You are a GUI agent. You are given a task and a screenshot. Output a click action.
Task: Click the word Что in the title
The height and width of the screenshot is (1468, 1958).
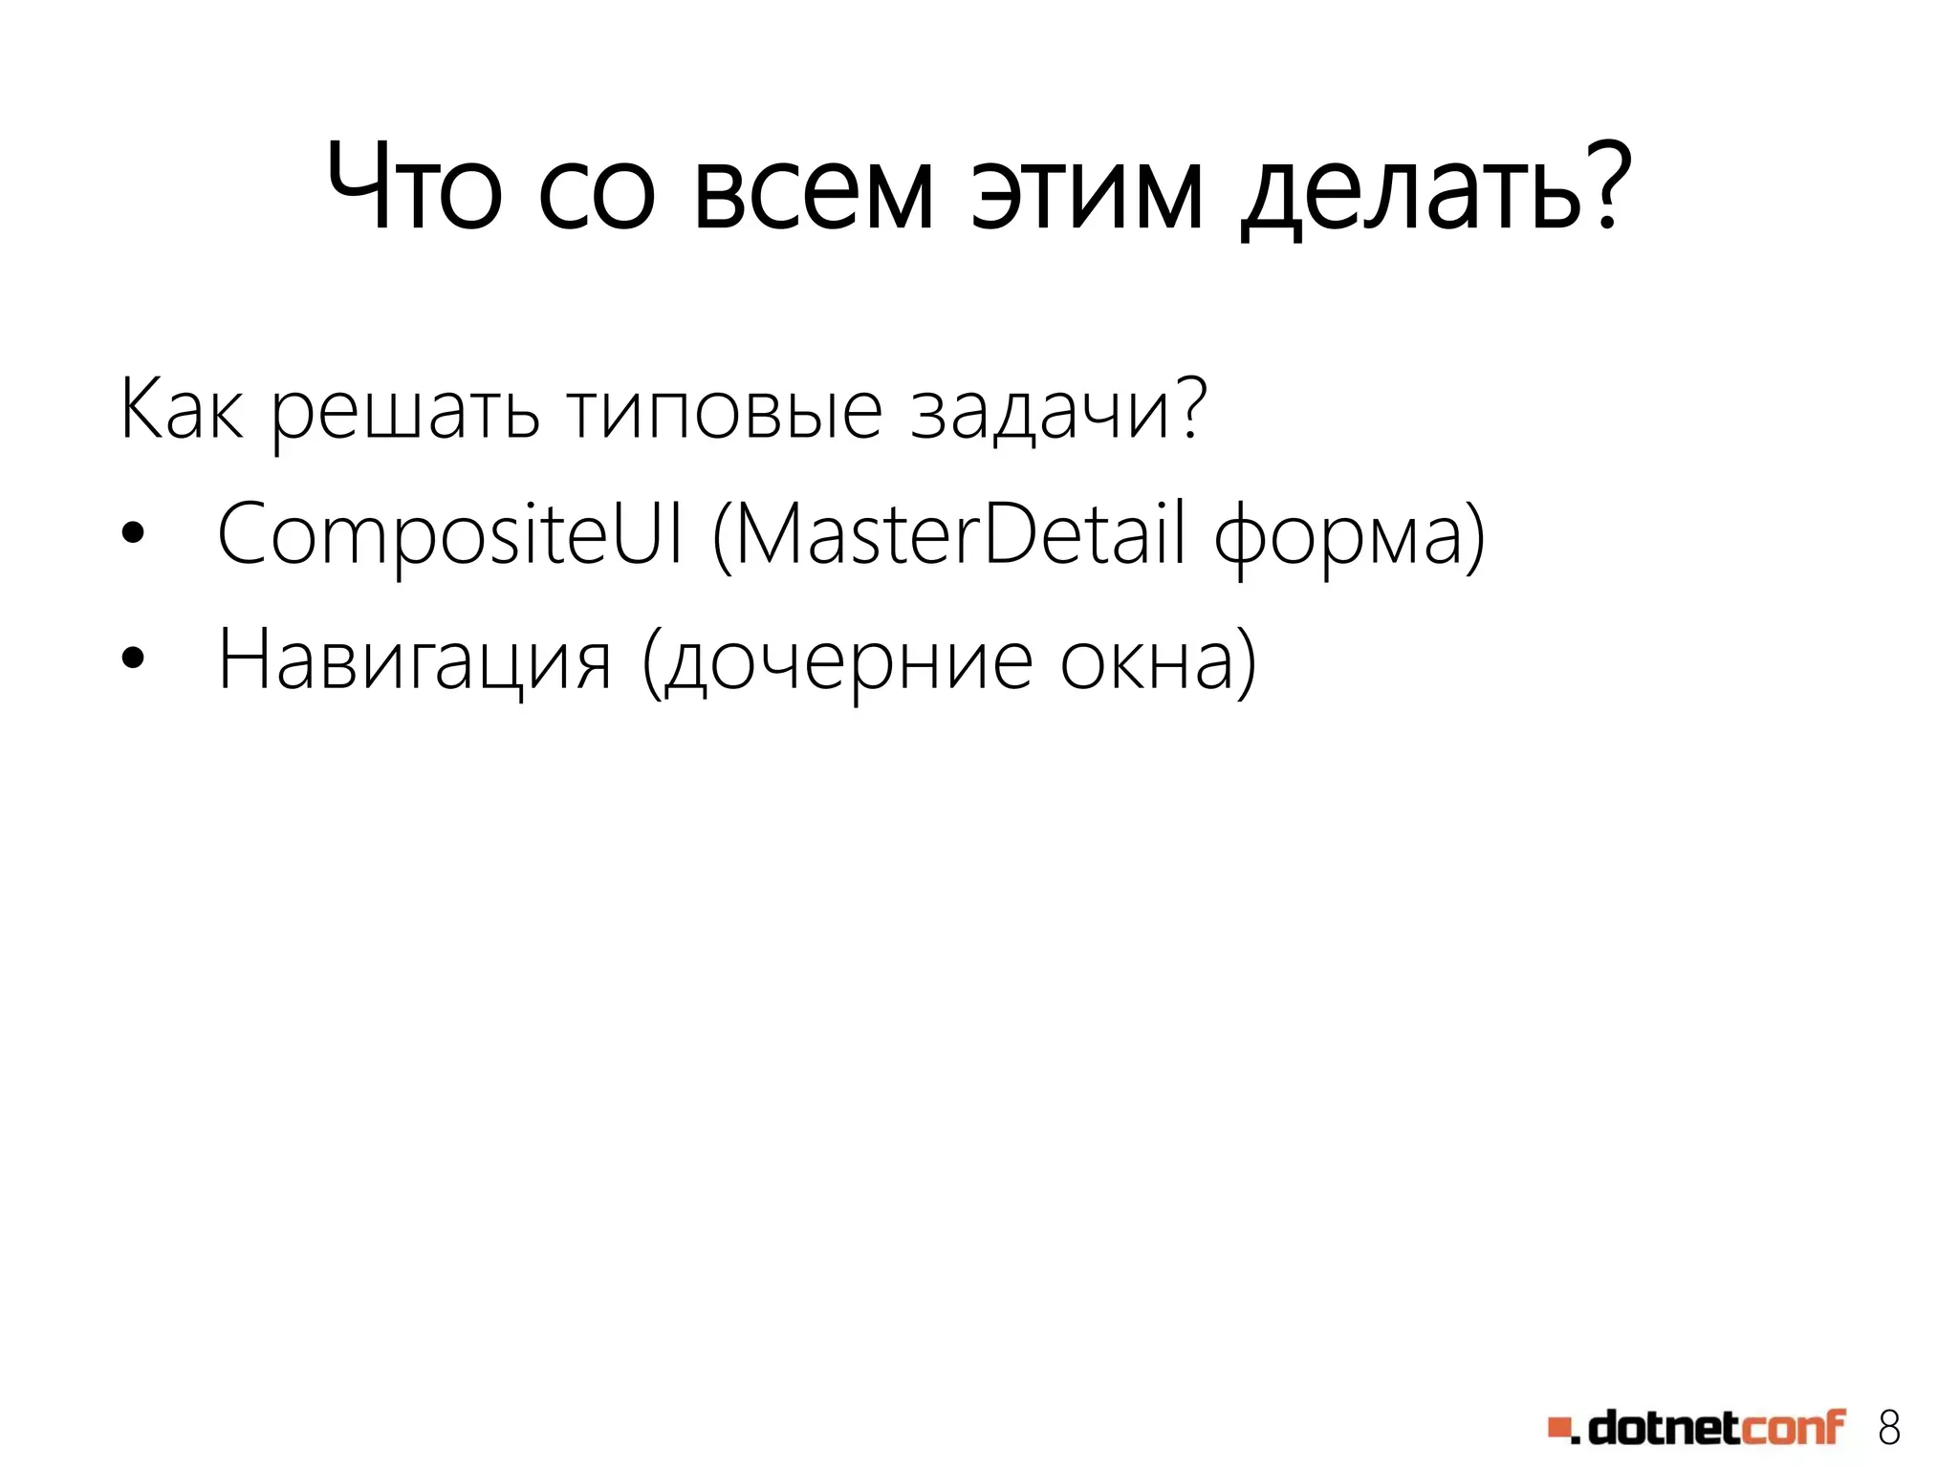pos(413,187)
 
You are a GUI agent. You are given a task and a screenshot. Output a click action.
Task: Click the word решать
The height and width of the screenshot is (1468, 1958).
pos(405,413)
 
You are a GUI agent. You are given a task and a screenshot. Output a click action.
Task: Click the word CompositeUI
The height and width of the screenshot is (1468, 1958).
pos(450,535)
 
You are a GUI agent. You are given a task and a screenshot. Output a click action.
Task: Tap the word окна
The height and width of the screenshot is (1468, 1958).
pos(1146,661)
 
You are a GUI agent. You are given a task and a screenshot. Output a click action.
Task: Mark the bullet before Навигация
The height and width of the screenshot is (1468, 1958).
pos(133,658)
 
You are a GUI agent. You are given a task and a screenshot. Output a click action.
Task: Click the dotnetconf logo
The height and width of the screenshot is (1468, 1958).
pos(1697,1428)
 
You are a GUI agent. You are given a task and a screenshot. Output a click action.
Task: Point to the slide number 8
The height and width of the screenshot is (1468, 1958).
pos(1889,1428)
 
